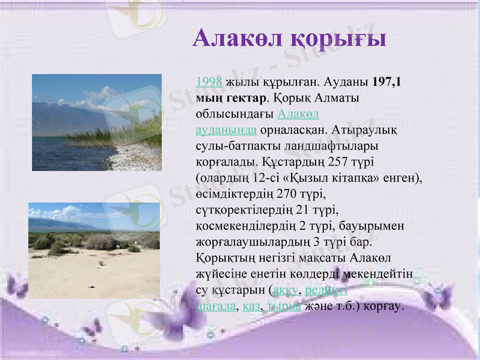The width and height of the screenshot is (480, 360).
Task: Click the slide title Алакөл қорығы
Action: click(289, 38)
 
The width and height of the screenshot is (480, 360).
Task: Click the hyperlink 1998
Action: click(209, 82)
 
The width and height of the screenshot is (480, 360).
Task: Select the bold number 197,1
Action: click(387, 82)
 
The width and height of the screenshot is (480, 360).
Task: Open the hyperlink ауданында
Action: click(227, 130)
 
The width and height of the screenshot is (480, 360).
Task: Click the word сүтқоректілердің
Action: click(245, 211)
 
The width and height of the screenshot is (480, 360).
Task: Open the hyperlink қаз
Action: click(251, 307)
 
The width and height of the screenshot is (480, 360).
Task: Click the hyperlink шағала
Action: click(215, 307)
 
